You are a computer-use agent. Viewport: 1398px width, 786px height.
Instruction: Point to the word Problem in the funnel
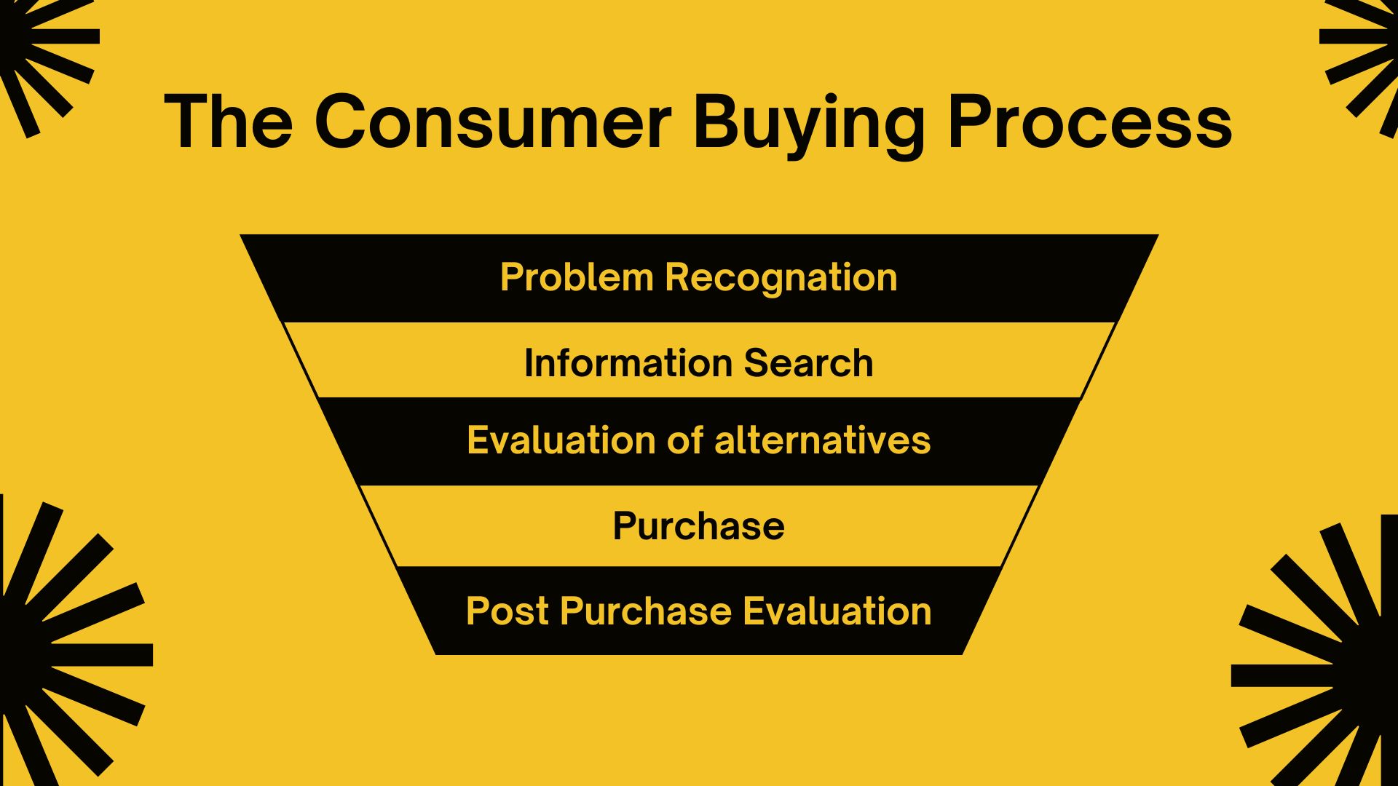(x=577, y=277)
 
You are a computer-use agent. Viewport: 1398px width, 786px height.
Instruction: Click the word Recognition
(x=781, y=278)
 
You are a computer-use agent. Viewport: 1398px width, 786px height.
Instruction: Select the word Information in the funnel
(x=628, y=362)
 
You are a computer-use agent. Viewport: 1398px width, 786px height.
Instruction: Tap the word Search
(x=808, y=362)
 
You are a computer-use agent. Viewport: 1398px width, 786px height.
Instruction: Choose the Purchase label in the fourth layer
(x=698, y=525)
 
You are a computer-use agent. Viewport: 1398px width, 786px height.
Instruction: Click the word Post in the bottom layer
(x=507, y=611)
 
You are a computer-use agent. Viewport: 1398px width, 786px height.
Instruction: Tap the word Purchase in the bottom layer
(x=645, y=611)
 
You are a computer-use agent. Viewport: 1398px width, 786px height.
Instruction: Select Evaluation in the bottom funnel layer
(x=837, y=611)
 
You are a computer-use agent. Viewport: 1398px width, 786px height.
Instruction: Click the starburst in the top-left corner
(x=36, y=51)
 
